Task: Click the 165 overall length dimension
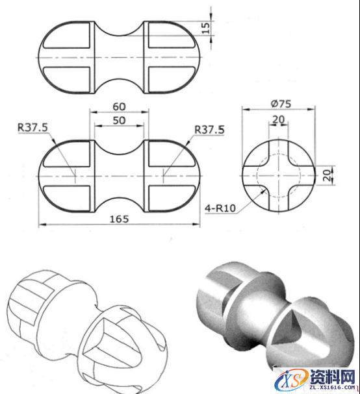pyautogui.click(x=119, y=219)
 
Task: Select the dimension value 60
pyautogui.click(x=119, y=106)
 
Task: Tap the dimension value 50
pyautogui.click(x=119, y=120)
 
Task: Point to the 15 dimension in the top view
pyautogui.click(x=206, y=28)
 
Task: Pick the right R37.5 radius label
pyautogui.click(x=209, y=129)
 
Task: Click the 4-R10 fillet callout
pyautogui.click(x=219, y=207)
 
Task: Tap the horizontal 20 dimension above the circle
pyautogui.click(x=278, y=119)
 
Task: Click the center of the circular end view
pyautogui.click(x=278, y=174)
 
